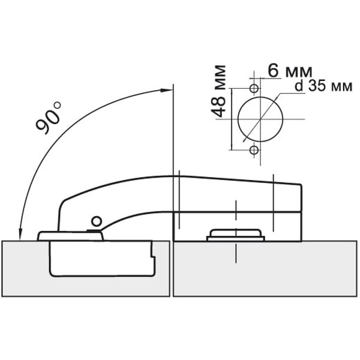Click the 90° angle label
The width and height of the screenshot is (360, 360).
(49, 118)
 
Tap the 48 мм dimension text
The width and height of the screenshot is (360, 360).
(218, 91)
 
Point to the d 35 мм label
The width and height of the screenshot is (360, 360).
(323, 86)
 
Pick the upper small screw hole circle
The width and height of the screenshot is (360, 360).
(254, 88)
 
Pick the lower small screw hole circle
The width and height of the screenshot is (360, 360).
(254, 151)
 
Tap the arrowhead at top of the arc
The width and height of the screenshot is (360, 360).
(166, 90)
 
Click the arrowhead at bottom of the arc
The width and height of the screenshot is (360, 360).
(20, 235)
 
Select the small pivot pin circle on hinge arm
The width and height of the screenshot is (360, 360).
(97, 221)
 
